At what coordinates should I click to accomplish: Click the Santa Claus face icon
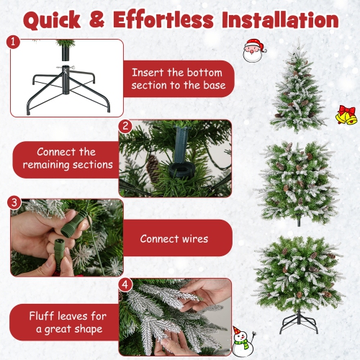(x=253, y=50)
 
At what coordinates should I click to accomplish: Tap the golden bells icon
(x=345, y=114)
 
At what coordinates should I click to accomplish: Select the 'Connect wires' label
(x=174, y=238)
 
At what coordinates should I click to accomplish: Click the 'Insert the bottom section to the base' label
(x=179, y=79)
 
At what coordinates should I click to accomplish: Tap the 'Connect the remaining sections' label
(x=67, y=158)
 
